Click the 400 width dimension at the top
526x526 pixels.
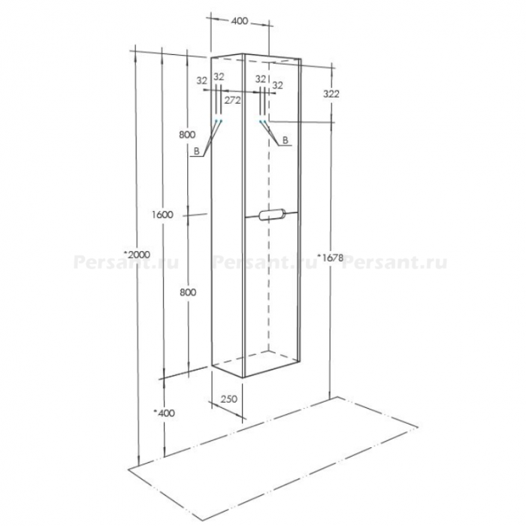[x=240, y=21]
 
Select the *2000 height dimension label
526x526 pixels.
[x=138, y=255]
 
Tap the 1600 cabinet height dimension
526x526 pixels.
[x=162, y=215]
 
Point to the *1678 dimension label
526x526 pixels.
[x=331, y=258]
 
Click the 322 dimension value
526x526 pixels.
[x=331, y=94]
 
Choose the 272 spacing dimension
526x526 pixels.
[x=232, y=100]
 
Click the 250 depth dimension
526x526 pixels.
[x=228, y=399]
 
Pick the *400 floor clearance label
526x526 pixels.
[x=164, y=413]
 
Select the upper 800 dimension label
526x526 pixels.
[x=187, y=135]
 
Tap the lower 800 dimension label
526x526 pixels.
[x=188, y=292]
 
